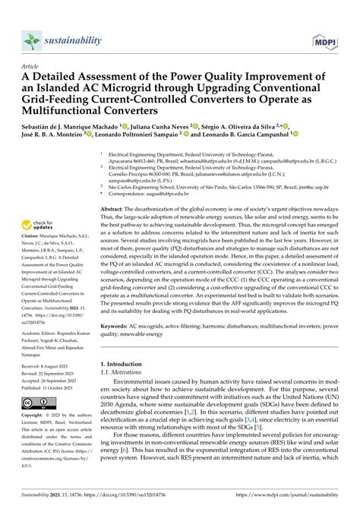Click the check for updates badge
coord(38,224)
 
